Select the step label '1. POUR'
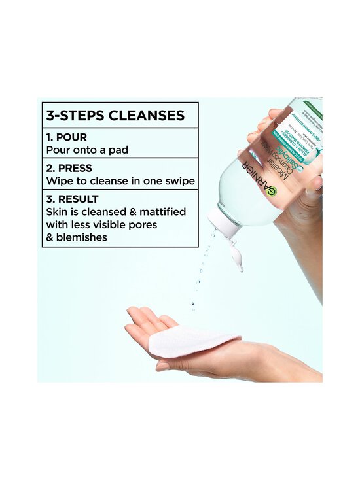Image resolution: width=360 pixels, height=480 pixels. pyautogui.click(x=67, y=137)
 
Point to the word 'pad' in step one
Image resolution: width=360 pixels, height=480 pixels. pyautogui.click(x=118, y=150)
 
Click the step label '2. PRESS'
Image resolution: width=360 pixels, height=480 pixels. pyautogui.click(x=69, y=168)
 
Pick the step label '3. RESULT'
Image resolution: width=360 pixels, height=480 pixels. pyautogui.click(x=72, y=199)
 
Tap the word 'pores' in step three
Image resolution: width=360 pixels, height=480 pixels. pyautogui.click(x=143, y=224)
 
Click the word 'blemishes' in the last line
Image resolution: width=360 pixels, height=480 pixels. pyautogui.click(x=82, y=237)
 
